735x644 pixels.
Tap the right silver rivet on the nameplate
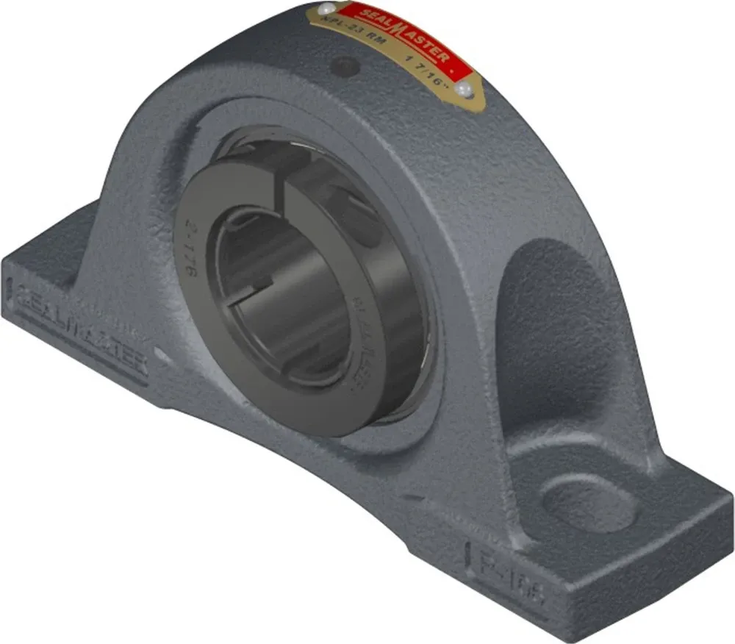point(463,90)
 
